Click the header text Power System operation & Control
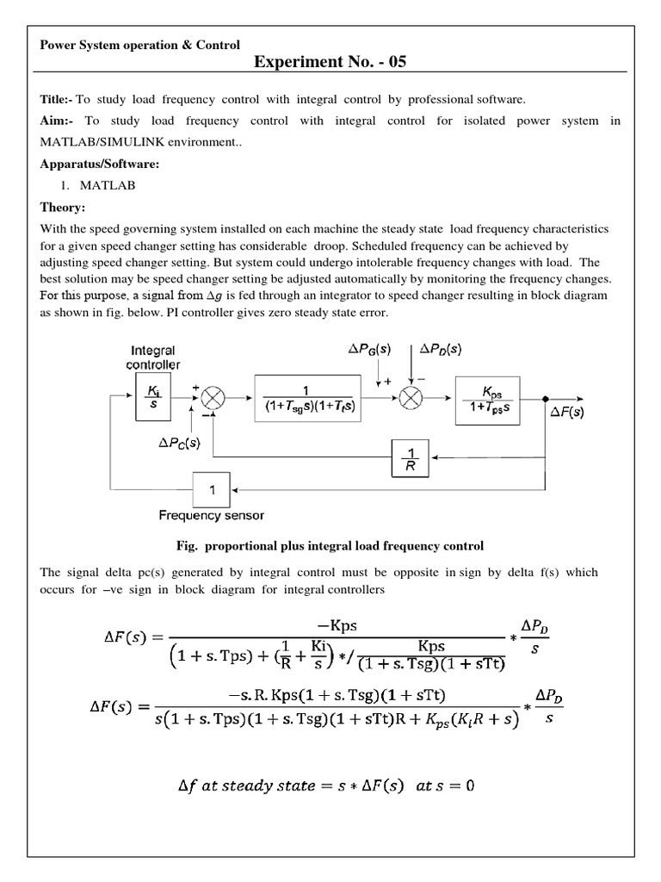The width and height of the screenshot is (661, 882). [x=140, y=45]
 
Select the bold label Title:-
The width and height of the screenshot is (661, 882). [x=57, y=100]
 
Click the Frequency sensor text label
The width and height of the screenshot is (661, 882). [x=211, y=515]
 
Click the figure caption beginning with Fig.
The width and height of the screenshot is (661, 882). [x=330, y=545]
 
